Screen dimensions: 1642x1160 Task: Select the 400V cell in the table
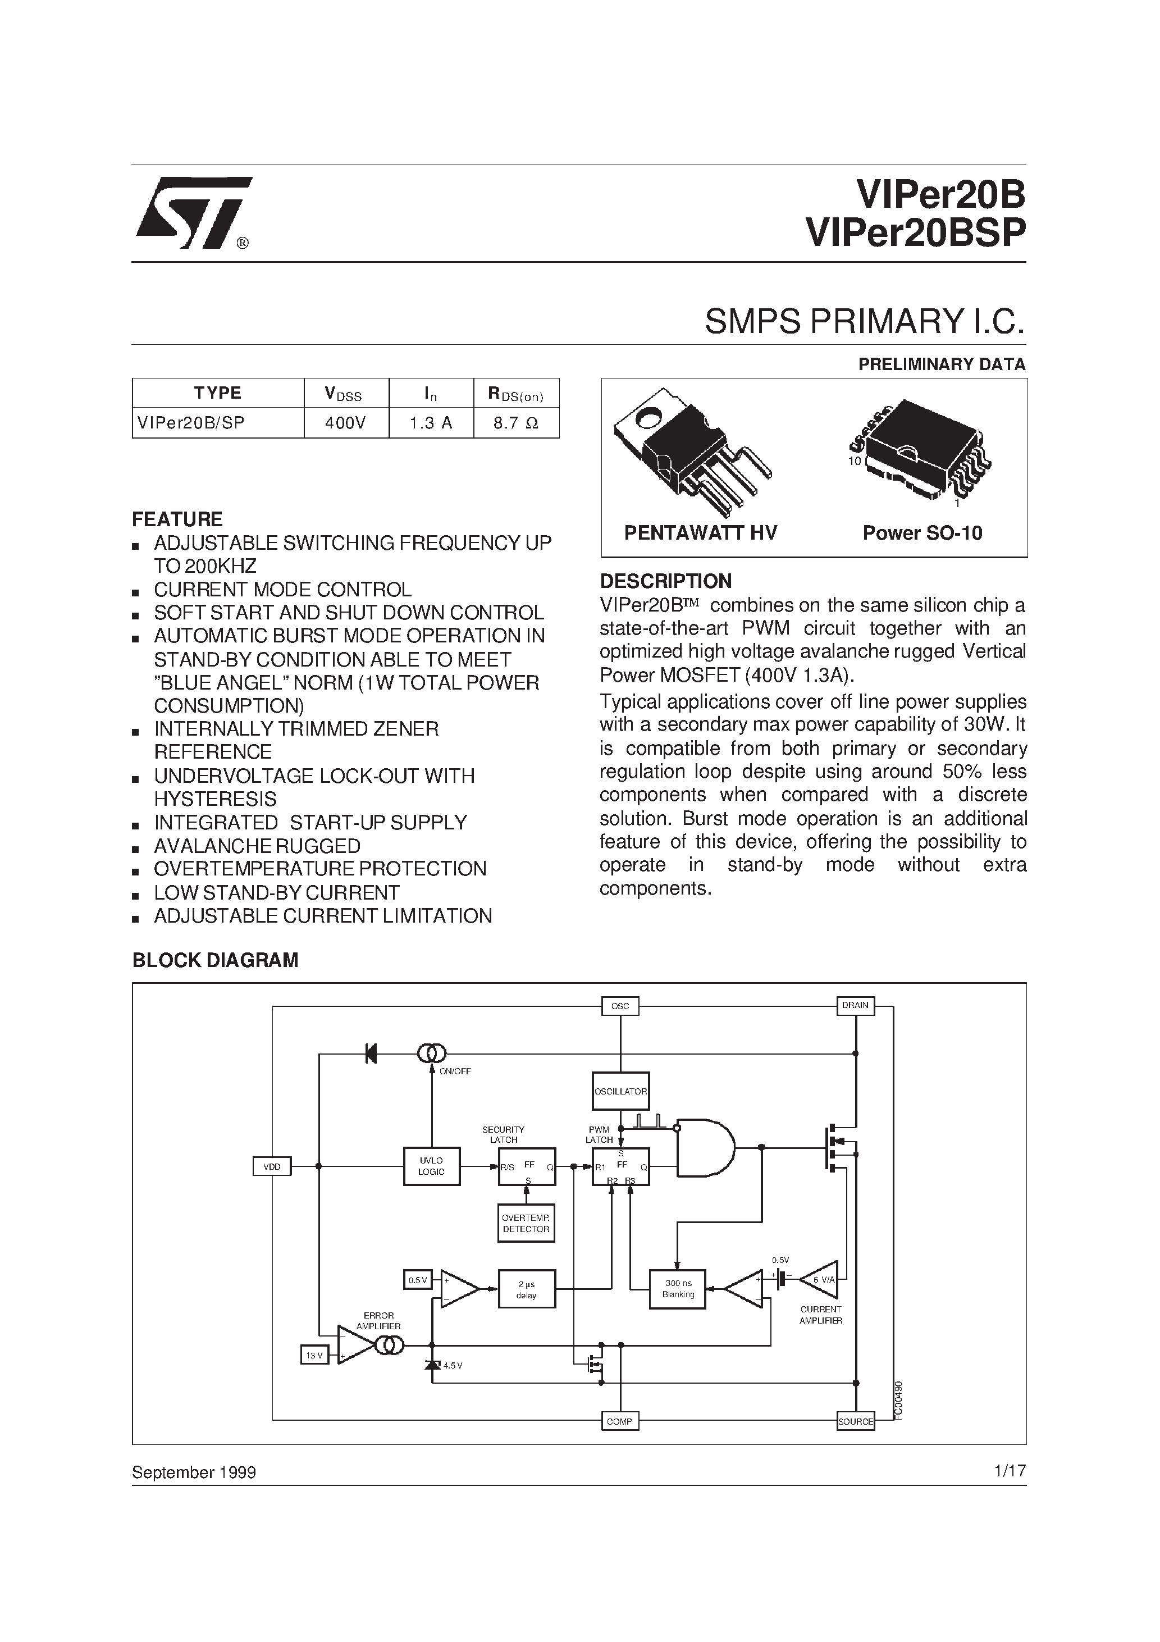coord(346,423)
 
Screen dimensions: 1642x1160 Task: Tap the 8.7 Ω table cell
coord(517,423)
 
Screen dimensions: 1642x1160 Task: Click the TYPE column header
coord(217,393)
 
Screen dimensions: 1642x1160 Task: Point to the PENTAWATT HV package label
coord(700,533)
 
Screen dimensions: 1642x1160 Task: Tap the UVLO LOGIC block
coord(431,1166)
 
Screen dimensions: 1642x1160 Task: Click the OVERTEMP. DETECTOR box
coord(526,1224)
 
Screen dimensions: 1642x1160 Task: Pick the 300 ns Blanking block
coord(677,1289)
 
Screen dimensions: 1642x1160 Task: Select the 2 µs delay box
coord(526,1289)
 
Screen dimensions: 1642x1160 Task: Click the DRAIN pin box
coord(855,1006)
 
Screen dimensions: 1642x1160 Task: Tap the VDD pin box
coord(272,1166)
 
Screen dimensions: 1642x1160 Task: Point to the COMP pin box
coord(619,1421)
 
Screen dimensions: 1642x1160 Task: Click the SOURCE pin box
coord(855,1421)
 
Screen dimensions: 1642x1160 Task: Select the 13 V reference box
coord(314,1355)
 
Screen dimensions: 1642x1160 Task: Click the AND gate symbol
coord(705,1148)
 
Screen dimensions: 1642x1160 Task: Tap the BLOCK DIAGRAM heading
coord(215,960)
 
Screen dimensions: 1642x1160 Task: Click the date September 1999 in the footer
coord(194,1472)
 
